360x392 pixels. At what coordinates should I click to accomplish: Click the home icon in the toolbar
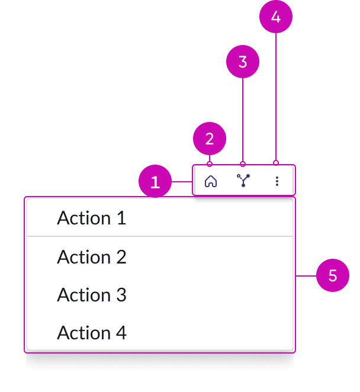(x=210, y=181)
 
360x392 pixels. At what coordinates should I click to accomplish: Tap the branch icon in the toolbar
(x=243, y=181)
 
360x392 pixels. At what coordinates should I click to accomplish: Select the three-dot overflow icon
(x=277, y=181)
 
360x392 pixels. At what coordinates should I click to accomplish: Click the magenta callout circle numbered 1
(x=155, y=182)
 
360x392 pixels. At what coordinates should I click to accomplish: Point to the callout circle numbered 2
(x=210, y=139)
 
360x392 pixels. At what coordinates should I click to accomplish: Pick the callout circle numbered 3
(x=243, y=62)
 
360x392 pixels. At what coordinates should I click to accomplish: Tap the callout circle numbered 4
(x=276, y=17)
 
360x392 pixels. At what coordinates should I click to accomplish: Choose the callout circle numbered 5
(x=333, y=275)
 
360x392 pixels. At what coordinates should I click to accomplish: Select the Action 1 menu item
(x=160, y=218)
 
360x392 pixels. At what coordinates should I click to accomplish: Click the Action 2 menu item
(x=160, y=257)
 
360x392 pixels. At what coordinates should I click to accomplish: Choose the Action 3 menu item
(x=160, y=295)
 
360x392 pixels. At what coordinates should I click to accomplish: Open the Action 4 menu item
(x=160, y=333)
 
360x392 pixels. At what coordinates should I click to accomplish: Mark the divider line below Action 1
(x=160, y=236)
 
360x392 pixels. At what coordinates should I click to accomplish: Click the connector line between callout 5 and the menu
(x=306, y=275)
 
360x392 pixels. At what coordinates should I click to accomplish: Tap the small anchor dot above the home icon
(x=210, y=163)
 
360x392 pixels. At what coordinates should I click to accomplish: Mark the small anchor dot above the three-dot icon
(x=276, y=163)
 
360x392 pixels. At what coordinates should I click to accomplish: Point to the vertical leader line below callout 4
(x=276, y=95)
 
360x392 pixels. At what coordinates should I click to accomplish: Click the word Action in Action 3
(x=83, y=295)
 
